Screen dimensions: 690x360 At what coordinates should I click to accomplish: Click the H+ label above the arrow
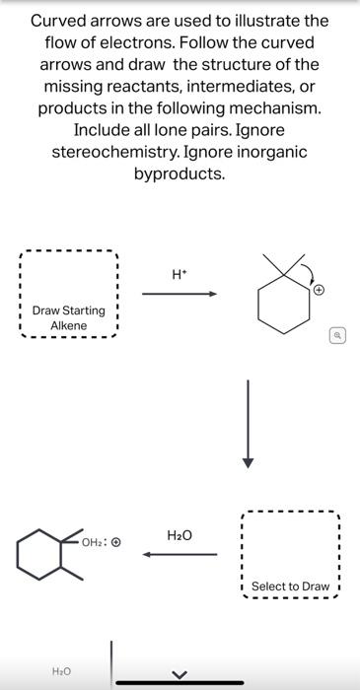click(179, 275)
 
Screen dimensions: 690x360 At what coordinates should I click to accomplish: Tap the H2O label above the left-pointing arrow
click(180, 535)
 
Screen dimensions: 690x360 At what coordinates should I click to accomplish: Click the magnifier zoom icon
click(337, 336)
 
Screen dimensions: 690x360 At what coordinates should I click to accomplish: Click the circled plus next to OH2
click(115, 542)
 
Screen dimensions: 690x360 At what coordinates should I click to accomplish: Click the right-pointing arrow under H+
click(179, 293)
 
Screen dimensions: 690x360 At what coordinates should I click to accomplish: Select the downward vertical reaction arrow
click(249, 424)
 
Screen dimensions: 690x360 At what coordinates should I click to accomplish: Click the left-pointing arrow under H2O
click(180, 554)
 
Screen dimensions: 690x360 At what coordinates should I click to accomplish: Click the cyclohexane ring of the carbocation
click(280, 307)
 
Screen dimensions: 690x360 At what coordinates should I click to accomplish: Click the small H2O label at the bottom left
click(61, 670)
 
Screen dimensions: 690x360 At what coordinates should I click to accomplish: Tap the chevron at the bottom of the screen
click(180, 674)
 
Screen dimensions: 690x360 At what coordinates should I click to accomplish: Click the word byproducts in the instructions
click(180, 174)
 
